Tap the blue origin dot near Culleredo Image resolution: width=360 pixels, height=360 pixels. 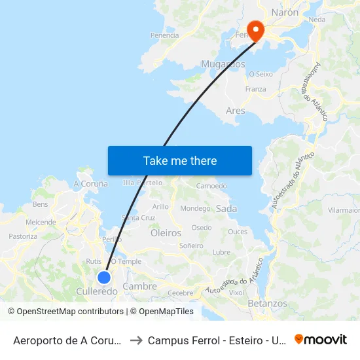click(103, 278)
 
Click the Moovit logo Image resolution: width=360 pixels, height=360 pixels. click(320, 340)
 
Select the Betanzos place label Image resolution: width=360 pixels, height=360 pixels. click(267, 304)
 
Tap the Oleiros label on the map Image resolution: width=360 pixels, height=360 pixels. click(165, 232)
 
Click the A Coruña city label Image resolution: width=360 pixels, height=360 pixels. click(90, 184)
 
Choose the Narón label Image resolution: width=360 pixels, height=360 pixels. click(284, 12)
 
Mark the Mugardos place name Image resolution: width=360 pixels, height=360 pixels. click(223, 64)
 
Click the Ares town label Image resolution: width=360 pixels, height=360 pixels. click(235, 111)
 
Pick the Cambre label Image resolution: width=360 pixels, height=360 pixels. click(140, 286)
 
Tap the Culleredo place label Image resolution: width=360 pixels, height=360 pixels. click(97, 291)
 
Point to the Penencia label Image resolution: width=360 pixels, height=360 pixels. click(164, 35)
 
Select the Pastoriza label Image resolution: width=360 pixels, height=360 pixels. click(23, 236)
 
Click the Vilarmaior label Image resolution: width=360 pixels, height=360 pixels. click(344, 211)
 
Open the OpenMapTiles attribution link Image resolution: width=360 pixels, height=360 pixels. click(161, 312)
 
